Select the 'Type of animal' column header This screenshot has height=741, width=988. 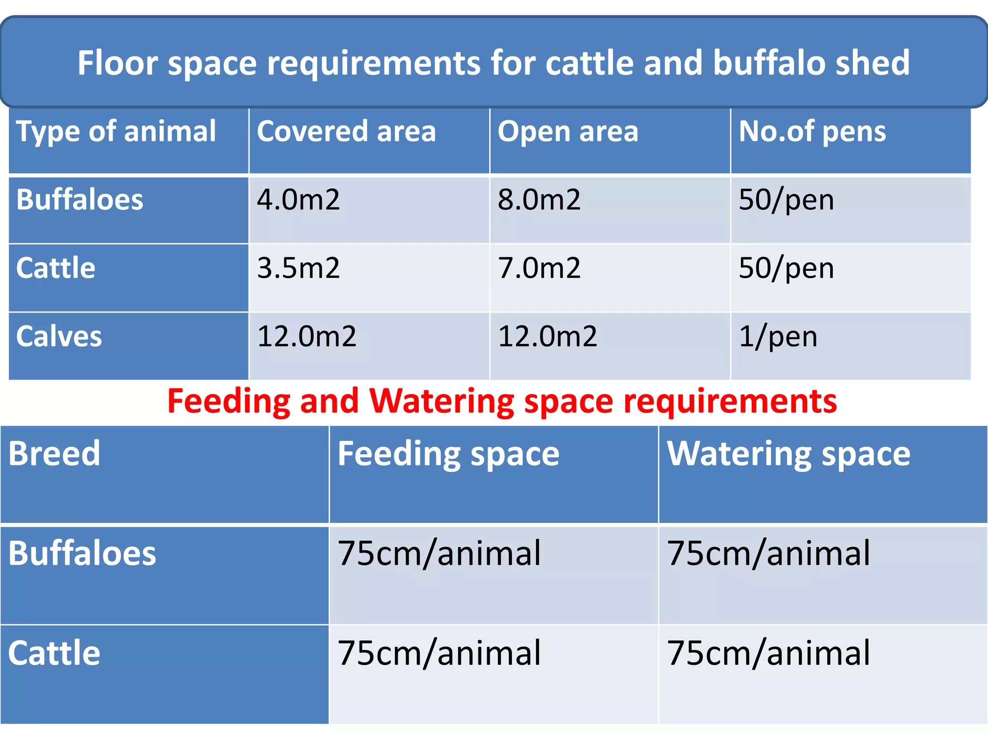116,131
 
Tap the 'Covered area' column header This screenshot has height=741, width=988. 346,131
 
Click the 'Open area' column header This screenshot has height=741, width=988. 568,131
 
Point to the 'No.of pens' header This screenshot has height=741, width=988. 812,131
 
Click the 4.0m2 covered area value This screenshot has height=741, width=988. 298,200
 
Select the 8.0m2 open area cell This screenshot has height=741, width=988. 539,200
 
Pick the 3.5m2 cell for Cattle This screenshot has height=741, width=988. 298,268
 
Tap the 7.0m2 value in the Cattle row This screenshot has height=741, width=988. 539,268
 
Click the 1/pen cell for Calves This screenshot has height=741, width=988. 778,336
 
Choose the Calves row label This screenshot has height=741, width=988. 59,336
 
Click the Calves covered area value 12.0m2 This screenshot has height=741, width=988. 306,336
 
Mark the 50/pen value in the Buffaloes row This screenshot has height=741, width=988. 786,200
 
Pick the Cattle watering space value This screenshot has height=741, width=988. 768,653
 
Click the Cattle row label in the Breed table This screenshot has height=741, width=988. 54,653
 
